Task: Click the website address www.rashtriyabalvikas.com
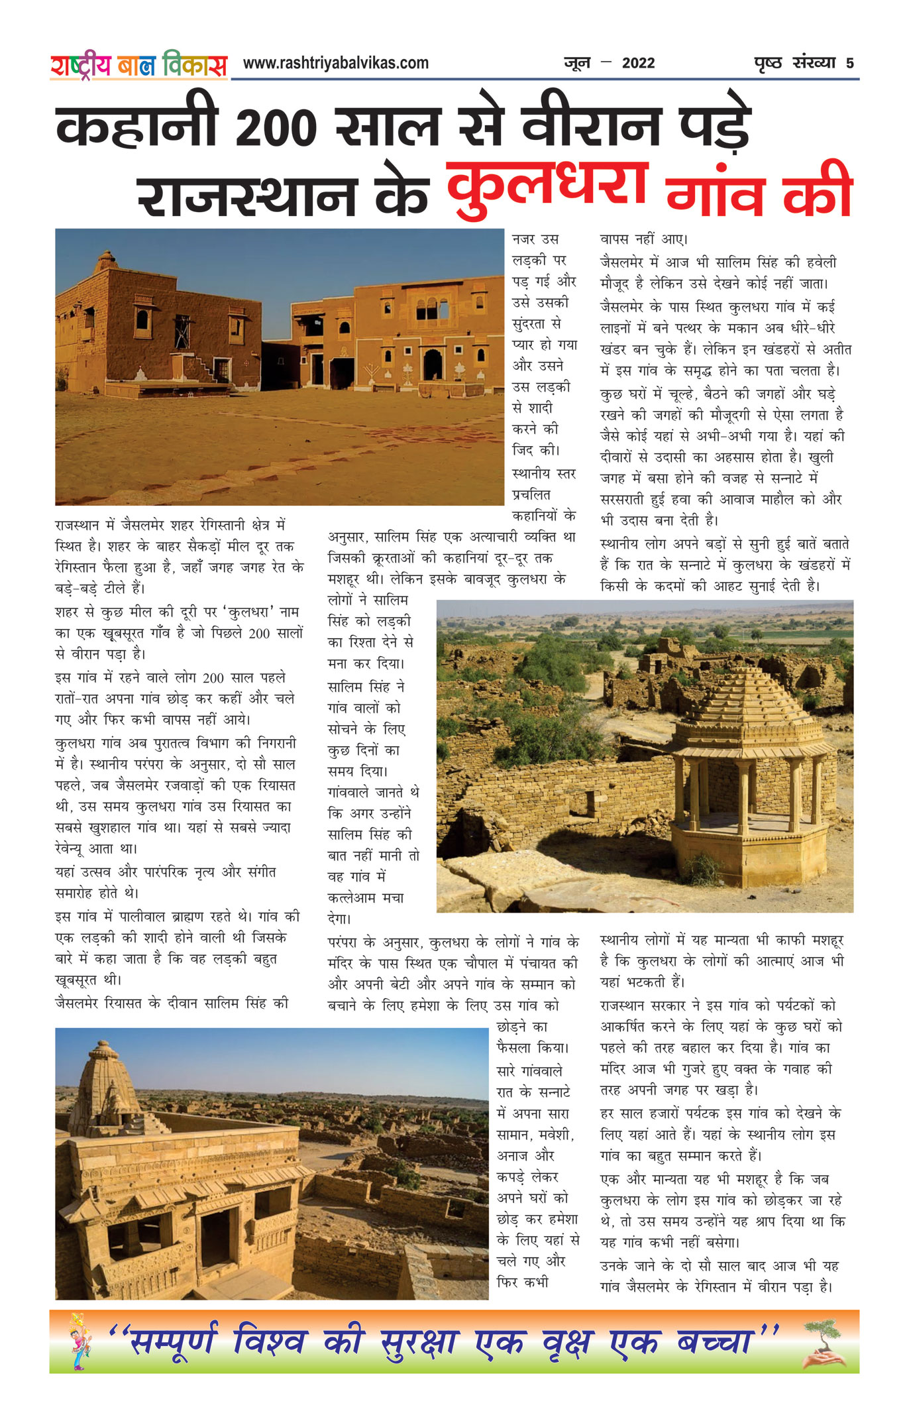click(x=335, y=63)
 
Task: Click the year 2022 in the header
click(x=638, y=64)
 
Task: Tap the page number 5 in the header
click(x=849, y=64)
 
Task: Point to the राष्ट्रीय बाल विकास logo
click(x=138, y=65)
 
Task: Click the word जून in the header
click(x=576, y=64)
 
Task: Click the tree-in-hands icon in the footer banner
click(x=824, y=1343)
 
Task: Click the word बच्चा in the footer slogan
click(x=716, y=1341)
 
